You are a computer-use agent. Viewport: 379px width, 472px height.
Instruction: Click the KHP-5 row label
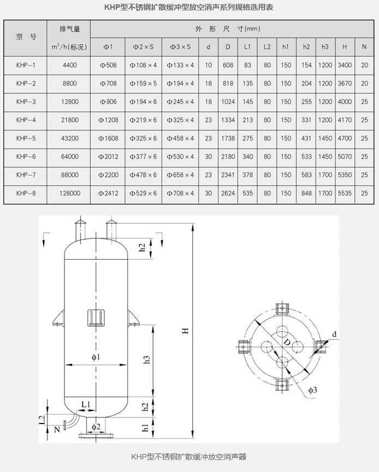pyautogui.click(x=26, y=139)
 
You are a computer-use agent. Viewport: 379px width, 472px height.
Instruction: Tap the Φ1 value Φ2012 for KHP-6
pyautogui.click(x=108, y=157)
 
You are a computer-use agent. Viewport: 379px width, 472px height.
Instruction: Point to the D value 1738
pyautogui.click(x=228, y=139)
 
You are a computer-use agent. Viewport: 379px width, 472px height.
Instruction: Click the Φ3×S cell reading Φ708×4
pyautogui.click(x=180, y=193)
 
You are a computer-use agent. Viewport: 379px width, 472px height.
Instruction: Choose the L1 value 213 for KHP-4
pyautogui.click(x=247, y=120)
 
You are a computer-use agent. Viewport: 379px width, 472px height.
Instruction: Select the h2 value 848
pyautogui.click(x=306, y=193)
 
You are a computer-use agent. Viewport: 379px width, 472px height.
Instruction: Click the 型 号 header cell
pyautogui.click(x=26, y=38)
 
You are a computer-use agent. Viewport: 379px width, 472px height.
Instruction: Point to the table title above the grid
pyautogui.click(x=189, y=8)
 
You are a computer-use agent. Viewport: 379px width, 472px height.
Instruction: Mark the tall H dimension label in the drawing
pyautogui.click(x=185, y=331)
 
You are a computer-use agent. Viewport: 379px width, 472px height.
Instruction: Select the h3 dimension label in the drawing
pyautogui.click(x=145, y=360)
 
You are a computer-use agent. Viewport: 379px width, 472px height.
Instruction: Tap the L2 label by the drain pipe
pyautogui.click(x=42, y=419)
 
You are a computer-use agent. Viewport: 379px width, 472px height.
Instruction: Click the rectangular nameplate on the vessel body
pyautogui.click(x=96, y=319)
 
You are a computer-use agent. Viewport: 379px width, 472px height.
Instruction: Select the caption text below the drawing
pyautogui.click(x=189, y=456)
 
